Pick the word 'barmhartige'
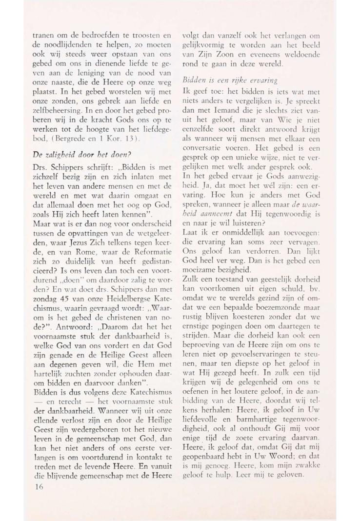point(247,404)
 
